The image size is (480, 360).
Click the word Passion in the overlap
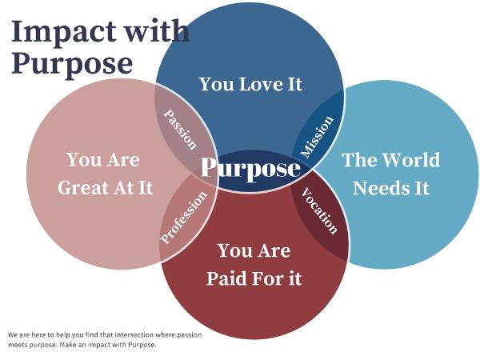click(x=180, y=130)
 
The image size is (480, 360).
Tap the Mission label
click(x=317, y=137)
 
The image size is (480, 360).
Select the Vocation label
click(x=319, y=211)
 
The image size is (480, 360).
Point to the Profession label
click(x=184, y=218)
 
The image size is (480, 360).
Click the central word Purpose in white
click(x=250, y=168)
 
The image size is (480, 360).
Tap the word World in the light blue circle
click(x=411, y=159)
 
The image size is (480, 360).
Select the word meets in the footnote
click(x=17, y=345)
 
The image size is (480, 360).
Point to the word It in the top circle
click(x=295, y=84)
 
